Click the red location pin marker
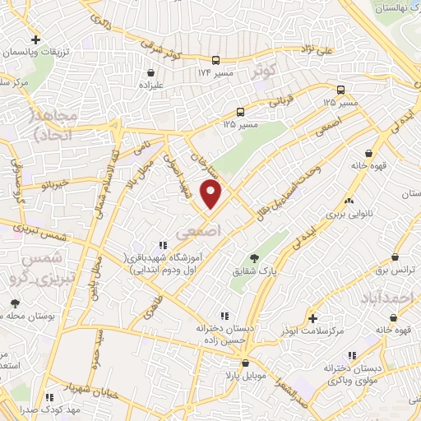click(213, 196)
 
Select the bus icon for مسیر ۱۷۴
click(215, 60)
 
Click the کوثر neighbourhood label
click(262, 72)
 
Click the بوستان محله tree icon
click(14, 304)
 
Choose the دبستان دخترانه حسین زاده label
click(224, 331)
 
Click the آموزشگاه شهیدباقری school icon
click(162, 244)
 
